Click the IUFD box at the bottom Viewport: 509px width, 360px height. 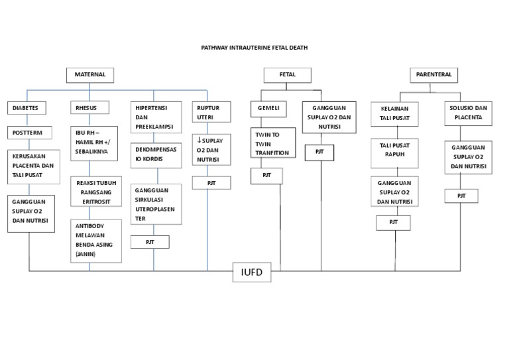click(x=252, y=272)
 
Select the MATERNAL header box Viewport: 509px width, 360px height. click(x=90, y=75)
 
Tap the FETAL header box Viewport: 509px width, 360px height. click(x=287, y=75)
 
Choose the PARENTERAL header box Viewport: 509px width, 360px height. click(x=434, y=75)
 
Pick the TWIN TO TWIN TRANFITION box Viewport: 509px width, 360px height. click(x=271, y=144)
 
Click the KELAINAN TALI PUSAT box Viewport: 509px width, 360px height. click(x=399, y=113)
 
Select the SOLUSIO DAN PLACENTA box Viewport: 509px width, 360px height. click(x=468, y=113)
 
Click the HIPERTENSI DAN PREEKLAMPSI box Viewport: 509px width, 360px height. click(x=156, y=117)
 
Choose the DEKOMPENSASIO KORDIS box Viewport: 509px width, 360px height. click(x=156, y=154)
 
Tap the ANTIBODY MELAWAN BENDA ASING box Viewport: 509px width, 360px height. click(x=96, y=239)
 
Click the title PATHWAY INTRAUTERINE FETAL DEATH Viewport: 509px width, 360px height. click(x=254, y=48)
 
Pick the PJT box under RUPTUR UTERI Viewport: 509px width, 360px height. click(x=211, y=182)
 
